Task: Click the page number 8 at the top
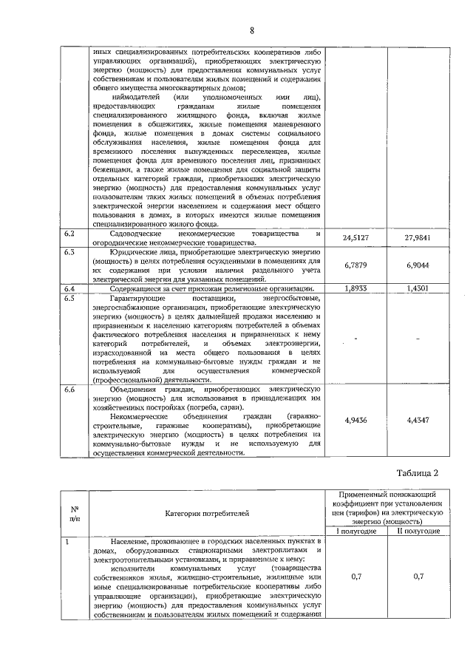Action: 251,30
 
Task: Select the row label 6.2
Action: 70,234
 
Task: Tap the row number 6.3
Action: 70,252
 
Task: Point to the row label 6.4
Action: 70,288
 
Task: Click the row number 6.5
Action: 70,298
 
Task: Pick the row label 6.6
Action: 70,388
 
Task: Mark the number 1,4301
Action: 418,288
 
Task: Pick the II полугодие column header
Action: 418,531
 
